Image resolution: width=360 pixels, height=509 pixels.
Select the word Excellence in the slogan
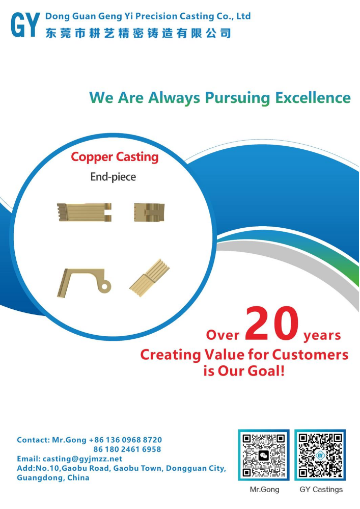click(313, 98)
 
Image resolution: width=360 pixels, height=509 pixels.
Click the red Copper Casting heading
click(115, 157)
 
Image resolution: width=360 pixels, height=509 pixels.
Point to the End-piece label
click(113, 177)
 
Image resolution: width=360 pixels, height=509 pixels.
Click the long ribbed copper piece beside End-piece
click(85, 212)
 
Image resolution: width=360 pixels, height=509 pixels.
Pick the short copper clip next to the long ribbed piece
click(150, 212)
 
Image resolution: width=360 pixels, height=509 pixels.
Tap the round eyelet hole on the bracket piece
click(104, 287)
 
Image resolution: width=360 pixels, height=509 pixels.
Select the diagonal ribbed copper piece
click(150, 278)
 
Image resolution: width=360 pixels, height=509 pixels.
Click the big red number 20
click(272, 324)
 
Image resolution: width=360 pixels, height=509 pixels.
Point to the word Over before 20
click(223, 335)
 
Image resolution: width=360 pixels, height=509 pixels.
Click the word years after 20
click(322, 336)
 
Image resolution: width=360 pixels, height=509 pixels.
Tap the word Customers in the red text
click(310, 355)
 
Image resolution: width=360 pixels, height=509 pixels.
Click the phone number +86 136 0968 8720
click(125, 440)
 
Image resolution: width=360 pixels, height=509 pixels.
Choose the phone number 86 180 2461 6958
click(127, 449)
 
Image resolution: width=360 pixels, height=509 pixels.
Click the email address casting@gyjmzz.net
click(82, 459)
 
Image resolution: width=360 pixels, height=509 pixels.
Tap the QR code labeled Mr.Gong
click(264, 455)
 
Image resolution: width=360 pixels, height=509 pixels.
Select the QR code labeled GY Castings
click(320, 455)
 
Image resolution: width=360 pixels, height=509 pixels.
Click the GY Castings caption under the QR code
click(321, 490)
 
